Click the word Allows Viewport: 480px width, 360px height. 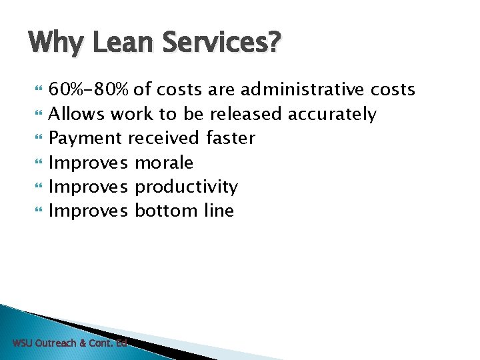coord(77,114)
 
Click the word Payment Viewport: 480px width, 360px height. coord(86,138)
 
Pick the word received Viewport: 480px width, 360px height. coord(164,138)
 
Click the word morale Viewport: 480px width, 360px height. coord(164,163)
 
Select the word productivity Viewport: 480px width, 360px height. coord(186,187)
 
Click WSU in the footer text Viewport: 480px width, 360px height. coord(22,343)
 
